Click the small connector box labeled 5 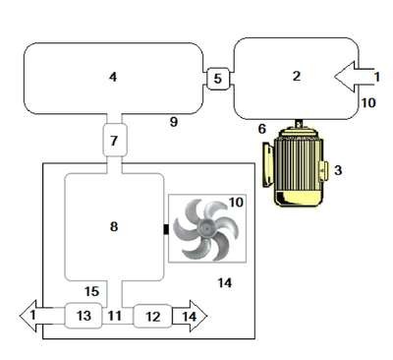[x=217, y=79]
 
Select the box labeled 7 [x=114, y=141]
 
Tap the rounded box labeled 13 [x=84, y=316]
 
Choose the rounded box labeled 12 [x=152, y=316]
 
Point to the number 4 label [x=113, y=77]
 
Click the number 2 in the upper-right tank [x=297, y=76]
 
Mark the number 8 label [x=114, y=226]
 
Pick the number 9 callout [x=174, y=122]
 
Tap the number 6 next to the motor [x=262, y=129]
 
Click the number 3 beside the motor [x=338, y=170]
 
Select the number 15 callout [x=91, y=291]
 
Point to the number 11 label [x=115, y=316]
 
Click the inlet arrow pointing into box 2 [x=354, y=77]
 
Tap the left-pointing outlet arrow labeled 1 [x=36, y=316]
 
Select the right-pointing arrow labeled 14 [x=190, y=317]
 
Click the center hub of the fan [x=206, y=227]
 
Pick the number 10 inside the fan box [x=236, y=203]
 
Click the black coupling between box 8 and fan [x=166, y=229]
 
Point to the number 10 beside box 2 [x=368, y=103]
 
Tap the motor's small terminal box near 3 [x=323, y=171]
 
